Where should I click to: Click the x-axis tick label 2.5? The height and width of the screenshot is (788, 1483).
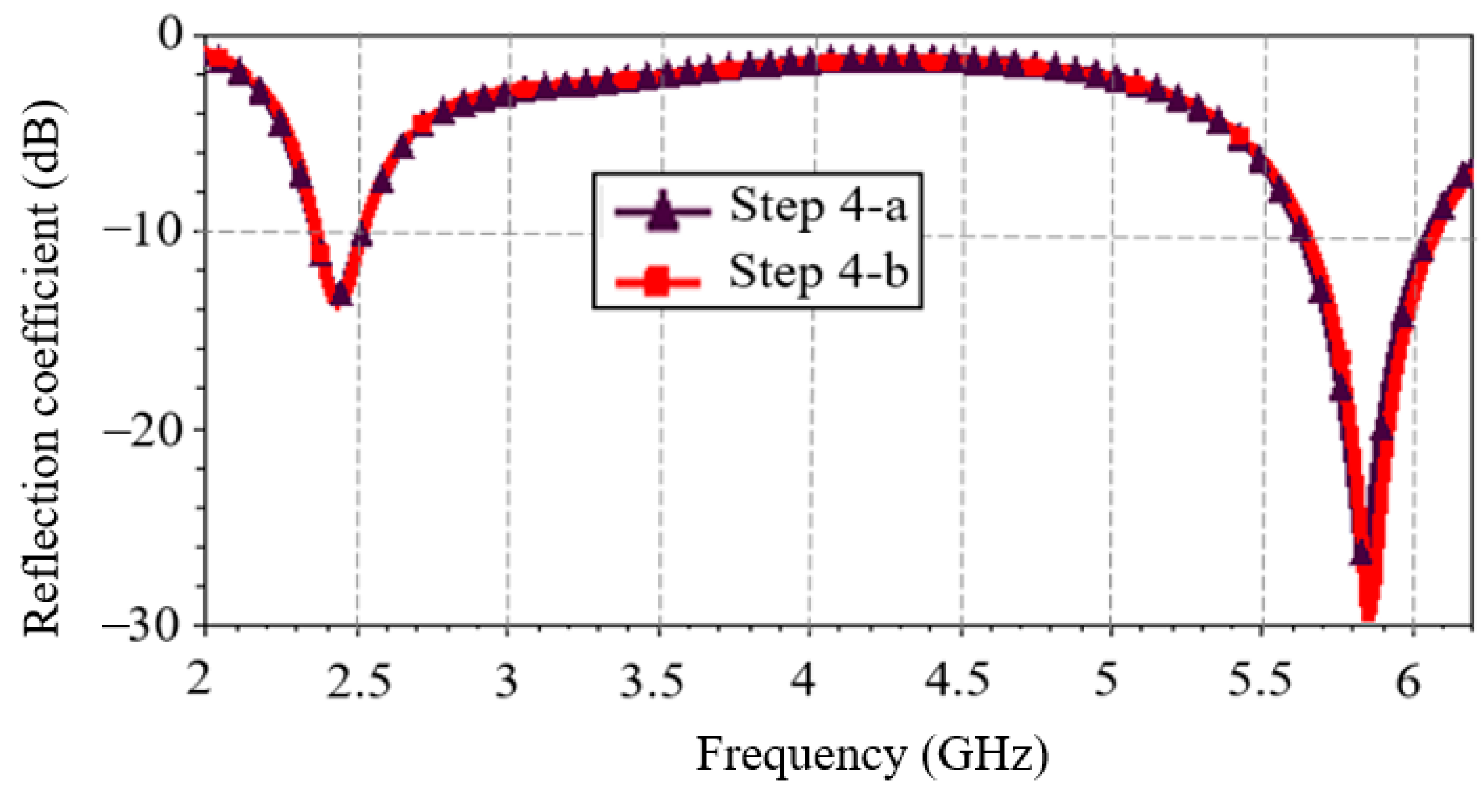pyautogui.click(x=358, y=683)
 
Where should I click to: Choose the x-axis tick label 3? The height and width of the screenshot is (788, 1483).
pyautogui.click(x=507, y=683)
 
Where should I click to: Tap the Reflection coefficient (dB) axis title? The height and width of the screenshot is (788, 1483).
pyautogui.click(x=43, y=368)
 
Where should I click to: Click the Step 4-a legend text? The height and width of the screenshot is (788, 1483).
pyautogui.click(x=818, y=207)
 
